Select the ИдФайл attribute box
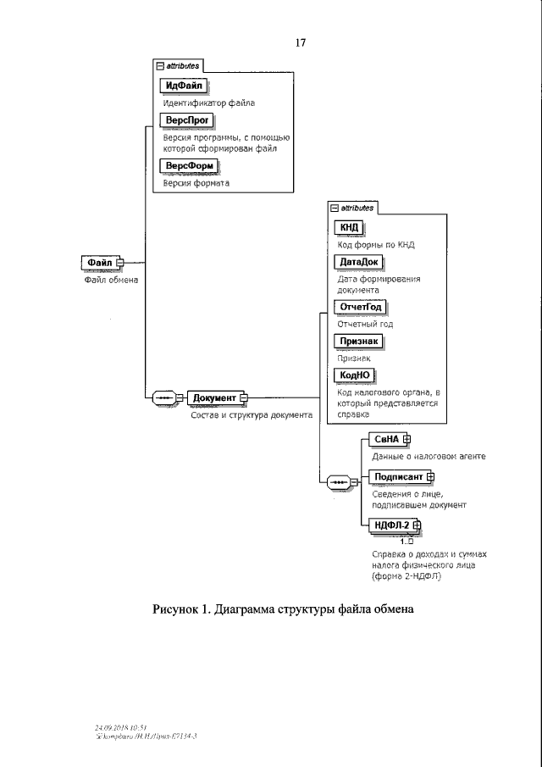pyautogui.click(x=183, y=85)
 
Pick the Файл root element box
pyautogui.click(x=99, y=263)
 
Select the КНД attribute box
pyautogui.click(x=349, y=227)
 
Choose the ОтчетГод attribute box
pyautogui.click(x=361, y=307)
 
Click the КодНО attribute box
pyautogui.click(x=354, y=375)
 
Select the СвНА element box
pyautogui.click(x=385, y=439)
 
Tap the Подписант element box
pyautogui.click(x=397, y=476)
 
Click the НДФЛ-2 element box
pyautogui.click(x=391, y=525)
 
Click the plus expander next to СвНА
pyautogui.click(x=407, y=439)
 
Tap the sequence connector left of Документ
pyautogui.click(x=164, y=397)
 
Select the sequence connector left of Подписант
pyautogui.click(x=340, y=481)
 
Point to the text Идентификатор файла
pyautogui.click(x=208, y=103)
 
